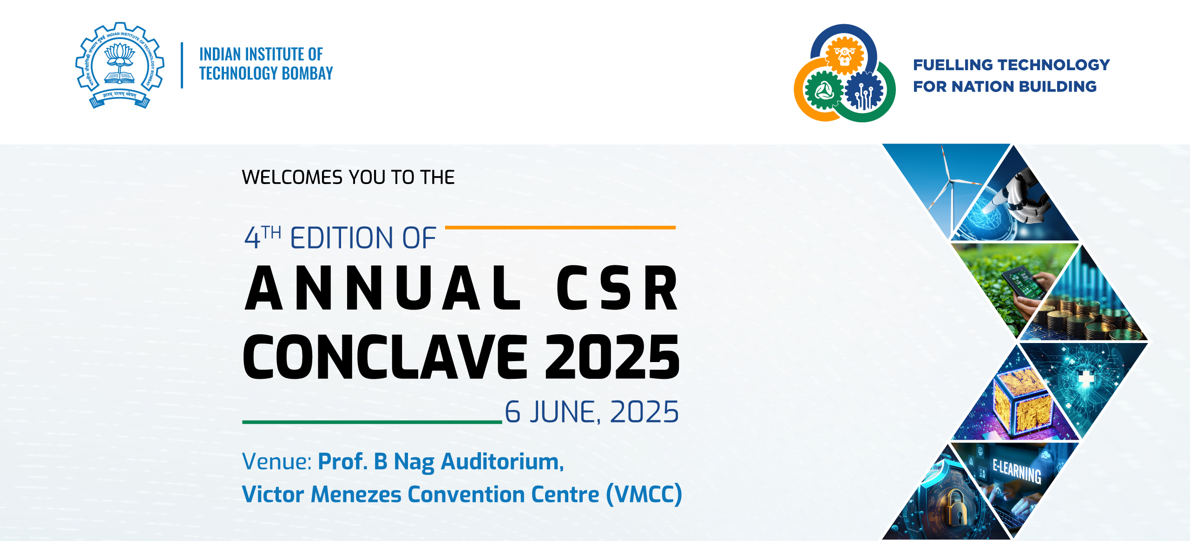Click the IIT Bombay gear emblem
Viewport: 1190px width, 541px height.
(x=120, y=65)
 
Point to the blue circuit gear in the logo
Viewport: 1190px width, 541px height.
(x=864, y=91)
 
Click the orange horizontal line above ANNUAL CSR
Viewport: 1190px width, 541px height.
(x=560, y=227)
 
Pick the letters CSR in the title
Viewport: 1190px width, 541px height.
(x=618, y=288)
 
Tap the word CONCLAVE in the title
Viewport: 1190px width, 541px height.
(x=385, y=356)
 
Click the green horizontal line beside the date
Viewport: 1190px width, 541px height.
(x=372, y=422)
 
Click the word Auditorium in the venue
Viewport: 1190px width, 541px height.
(x=502, y=462)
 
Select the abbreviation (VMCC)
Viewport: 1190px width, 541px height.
(x=644, y=494)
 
